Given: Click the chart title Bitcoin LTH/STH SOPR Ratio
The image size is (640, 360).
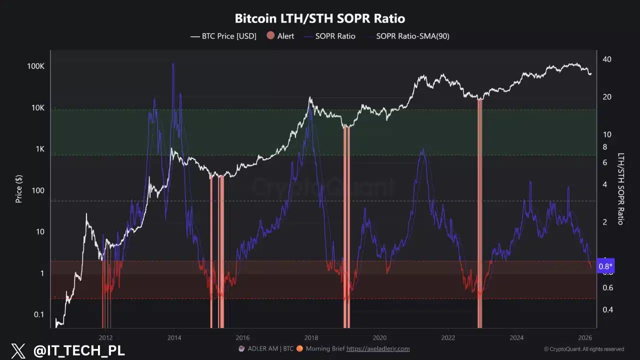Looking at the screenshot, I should click(x=320, y=18).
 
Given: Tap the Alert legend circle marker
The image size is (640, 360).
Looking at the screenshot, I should click(x=270, y=36).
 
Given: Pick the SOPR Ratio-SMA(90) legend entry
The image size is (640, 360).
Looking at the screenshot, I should click(x=412, y=36).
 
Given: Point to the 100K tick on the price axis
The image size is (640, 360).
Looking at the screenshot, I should click(x=36, y=66).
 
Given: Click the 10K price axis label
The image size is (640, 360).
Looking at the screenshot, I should click(x=37, y=108).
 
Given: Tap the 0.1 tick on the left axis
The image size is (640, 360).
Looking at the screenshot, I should click(x=38, y=314).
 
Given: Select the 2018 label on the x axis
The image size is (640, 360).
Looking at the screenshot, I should click(x=311, y=337).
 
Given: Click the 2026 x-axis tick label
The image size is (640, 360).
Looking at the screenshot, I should click(x=585, y=337).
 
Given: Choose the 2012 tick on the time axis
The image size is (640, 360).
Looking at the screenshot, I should click(x=105, y=337).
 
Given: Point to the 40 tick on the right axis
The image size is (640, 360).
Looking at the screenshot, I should click(x=607, y=59).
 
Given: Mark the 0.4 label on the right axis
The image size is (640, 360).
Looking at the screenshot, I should click(x=607, y=309).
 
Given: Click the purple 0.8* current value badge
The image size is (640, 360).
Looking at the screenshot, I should click(x=606, y=266).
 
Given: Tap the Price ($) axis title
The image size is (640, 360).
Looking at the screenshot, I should click(x=19, y=188).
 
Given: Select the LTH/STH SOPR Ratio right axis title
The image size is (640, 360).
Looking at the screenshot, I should click(x=621, y=188).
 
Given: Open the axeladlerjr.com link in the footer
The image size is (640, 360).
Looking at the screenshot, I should click(x=378, y=348).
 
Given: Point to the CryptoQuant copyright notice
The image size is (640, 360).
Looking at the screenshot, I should click(x=584, y=349).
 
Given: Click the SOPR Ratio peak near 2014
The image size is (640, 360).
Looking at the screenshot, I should click(x=173, y=63).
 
